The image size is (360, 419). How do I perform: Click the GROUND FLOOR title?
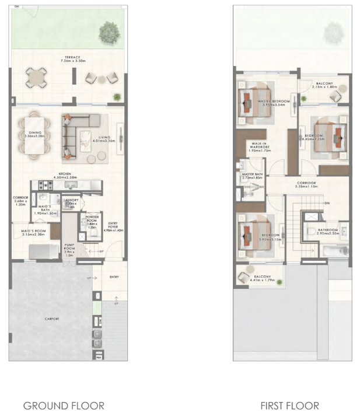(x=64, y=405)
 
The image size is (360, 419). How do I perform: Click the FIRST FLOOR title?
(x=289, y=405)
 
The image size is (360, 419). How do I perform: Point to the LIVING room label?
(x=105, y=138)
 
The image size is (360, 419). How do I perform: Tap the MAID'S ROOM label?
(x=33, y=232)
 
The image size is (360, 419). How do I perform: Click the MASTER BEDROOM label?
(x=273, y=102)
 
